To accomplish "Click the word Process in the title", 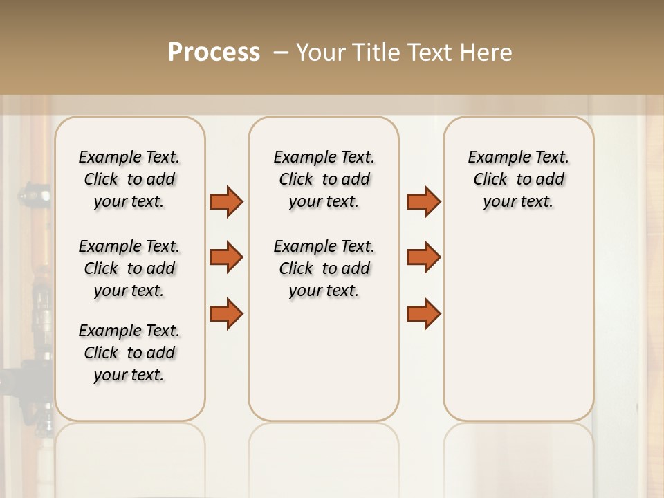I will click(214, 53).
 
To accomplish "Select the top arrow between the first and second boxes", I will click(226, 201).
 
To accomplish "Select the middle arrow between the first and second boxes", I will click(226, 257).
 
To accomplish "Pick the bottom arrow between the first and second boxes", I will click(226, 313).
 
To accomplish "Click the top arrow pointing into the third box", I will click(423, 201).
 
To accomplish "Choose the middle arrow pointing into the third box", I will click(423, 257).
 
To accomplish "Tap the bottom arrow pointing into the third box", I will click(423, 313).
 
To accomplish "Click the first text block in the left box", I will click(129, 179).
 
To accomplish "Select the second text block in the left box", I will click(129, 268).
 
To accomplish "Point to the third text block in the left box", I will click(129, 353).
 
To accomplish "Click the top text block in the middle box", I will click(324, 179).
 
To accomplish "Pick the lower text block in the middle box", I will click(324, 268).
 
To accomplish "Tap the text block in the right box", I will click(518, 179).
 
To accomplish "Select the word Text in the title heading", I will click(429, 53).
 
